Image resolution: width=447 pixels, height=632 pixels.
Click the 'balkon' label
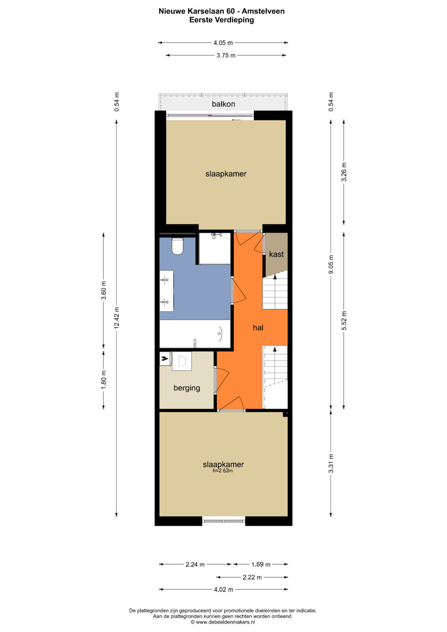(x=223, y=104)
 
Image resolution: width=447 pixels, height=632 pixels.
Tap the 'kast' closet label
(x=276, y=254)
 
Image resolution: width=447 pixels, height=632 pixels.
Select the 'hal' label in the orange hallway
(x=258, y=328)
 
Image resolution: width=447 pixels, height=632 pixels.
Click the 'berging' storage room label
(x=187, y=388)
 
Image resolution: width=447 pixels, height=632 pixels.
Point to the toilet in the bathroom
(x=178, y=247)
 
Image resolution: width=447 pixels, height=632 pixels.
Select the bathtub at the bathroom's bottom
(x=195, y=334)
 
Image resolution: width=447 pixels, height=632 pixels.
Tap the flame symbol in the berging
(x=165, y=358)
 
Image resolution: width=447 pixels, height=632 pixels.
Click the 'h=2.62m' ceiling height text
(x=223, y=471)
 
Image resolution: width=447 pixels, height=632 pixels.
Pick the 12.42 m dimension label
(x=117, y=317)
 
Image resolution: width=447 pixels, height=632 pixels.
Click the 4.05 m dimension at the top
(x=223, y=43)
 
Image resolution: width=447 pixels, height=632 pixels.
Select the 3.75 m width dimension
(x=226, y=55)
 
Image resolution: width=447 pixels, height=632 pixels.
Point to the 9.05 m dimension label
(x=331, y=264)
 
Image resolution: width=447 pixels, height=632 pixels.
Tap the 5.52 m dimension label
(x=344, y=320)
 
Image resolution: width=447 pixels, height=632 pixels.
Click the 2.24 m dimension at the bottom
(x=195, y=564)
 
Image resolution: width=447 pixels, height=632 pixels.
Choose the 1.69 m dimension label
(x=261, y=564)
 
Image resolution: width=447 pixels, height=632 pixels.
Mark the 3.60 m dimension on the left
(x=104, y=290)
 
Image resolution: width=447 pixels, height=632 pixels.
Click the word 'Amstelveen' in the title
(x=263, y=11)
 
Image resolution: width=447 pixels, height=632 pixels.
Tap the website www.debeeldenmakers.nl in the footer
(x=225, y=622)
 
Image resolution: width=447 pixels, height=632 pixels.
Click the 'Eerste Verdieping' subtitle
(x=221, y=20)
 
